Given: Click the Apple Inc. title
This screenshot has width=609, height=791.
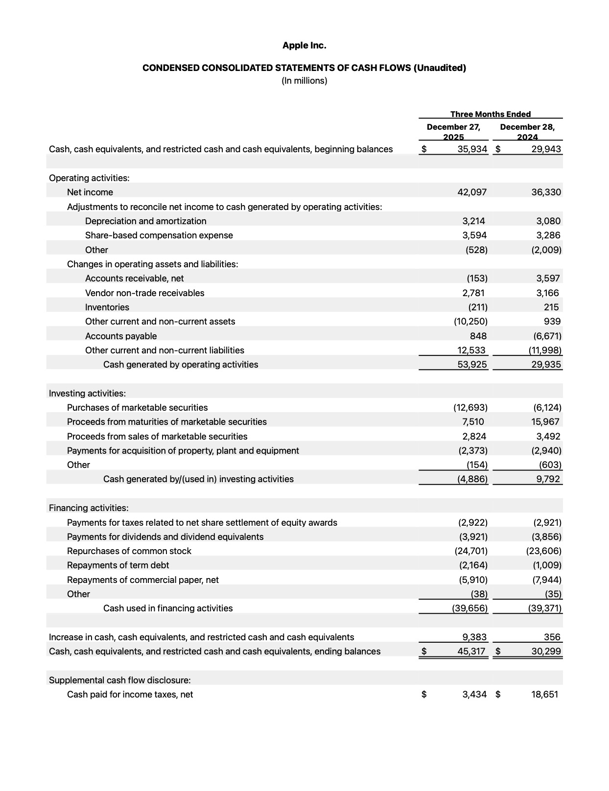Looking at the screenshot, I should [x=304, y=46].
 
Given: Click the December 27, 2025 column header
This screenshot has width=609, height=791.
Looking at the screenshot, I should [x=453, y=132].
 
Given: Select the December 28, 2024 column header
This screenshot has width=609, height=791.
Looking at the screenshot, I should [x=527, y=132].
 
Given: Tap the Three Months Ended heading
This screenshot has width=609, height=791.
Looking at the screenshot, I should [x=491, y=114].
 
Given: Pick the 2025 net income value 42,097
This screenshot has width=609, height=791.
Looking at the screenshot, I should [x=472, y=192].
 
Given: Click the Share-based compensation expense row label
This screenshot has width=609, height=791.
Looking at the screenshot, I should [x=159, y=235].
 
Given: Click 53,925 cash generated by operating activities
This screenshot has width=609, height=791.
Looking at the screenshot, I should [x=472, y=365].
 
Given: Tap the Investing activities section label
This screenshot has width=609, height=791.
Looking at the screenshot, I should [x=87, y=394].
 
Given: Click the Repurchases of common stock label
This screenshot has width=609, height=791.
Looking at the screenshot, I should [x=129, y=551].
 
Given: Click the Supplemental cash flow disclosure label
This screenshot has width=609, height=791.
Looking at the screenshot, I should [x=119, y=680].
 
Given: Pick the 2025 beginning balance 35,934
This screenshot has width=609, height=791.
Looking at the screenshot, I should [x=472, y=149].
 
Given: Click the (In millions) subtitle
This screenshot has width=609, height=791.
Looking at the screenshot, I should [x=304, y=81].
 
